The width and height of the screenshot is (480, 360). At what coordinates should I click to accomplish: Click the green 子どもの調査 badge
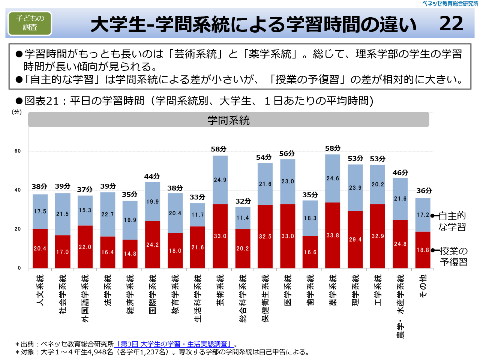(30, 23)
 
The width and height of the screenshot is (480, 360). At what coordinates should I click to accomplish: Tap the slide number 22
(451, 24)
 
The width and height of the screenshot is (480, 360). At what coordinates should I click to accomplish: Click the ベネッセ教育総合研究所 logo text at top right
(450, 4)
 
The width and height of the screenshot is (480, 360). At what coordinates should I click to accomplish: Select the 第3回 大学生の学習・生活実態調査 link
(174, 344)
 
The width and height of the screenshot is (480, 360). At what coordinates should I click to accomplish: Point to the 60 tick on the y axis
(18, 151)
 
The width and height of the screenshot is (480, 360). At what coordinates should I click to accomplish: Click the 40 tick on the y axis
(18, 190)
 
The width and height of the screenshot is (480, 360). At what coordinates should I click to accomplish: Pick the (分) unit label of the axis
(17, 112)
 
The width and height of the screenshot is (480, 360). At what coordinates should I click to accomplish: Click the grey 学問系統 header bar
(228, 120)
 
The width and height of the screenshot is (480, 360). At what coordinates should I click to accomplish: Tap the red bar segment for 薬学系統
(333, 235)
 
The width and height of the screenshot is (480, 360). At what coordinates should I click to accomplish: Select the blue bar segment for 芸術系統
(220, 180)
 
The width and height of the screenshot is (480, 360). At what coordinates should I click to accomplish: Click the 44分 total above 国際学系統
(152, 176)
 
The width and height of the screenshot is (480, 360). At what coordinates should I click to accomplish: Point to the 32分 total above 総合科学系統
(243, 201)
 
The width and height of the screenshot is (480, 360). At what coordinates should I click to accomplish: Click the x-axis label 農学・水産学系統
(400, 306)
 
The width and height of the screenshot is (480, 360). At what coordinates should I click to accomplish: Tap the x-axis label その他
(423, 286)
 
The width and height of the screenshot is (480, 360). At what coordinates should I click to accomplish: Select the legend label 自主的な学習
(452, 221)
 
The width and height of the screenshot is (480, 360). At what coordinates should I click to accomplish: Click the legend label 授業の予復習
(454, 256)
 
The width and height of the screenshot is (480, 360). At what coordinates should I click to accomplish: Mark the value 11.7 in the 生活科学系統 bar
(198, 215)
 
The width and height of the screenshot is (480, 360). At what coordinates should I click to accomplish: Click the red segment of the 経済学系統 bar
(130, 253)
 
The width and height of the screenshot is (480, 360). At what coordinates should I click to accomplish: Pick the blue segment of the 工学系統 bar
(378, 184)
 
